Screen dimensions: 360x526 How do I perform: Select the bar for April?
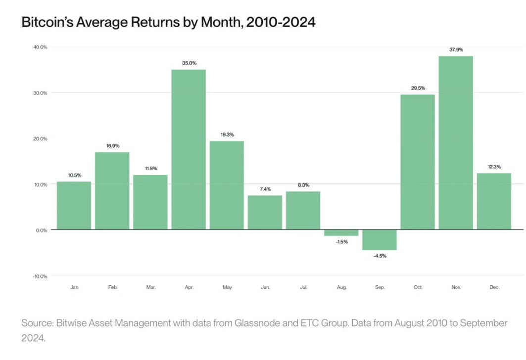[x=189, y=149]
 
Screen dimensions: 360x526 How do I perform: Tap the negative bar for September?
[x=380, y=240]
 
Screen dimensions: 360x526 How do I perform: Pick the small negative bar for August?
[x=341, y=232]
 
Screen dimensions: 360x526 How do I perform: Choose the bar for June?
[x=265, y=212]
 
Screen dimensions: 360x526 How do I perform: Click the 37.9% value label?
[x=456, y=49]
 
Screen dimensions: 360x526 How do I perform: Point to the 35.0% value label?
[x=189, y=63]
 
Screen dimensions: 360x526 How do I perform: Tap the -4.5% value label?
[x=380, y=257]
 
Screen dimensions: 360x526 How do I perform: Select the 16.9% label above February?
[x=112, y=146]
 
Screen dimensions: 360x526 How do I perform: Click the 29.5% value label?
[x=418, y=88]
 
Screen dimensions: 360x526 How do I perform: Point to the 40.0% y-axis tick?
[x=40, y=47]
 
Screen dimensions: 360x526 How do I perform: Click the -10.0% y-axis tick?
[x=40, y=276]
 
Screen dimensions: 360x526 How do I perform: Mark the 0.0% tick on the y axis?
[x=41, y=230]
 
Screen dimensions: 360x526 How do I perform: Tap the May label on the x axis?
[x=227, y=287]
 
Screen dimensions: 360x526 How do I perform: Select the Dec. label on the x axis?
[x=494, y=287]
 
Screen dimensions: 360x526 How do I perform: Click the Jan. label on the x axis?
[x=74, y=287]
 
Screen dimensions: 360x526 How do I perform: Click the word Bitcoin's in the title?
[x=50, y=22]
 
